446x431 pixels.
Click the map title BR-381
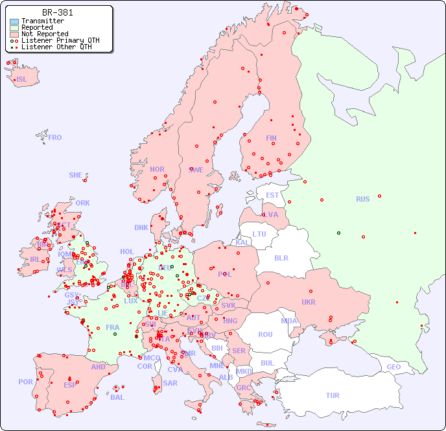tap(57, 12)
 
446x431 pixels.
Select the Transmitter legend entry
tap(42, 21)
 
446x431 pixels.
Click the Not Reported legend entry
tap(44, 34)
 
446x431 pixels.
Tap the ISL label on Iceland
tap(22, 80)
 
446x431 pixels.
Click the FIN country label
tap(271, 138)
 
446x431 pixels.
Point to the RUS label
tap(362, 199)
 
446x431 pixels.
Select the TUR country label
tap(333, 395)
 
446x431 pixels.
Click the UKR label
tap(309, 302)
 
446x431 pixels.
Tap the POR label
tap(25, 382)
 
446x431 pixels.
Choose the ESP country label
tap(70, 384)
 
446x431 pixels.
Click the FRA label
tap(113, 327)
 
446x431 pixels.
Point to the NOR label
tap(157, 169)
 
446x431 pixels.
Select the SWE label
tap(196, 170)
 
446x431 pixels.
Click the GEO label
tap(393, 367)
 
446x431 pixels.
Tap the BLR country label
tap(281, 257)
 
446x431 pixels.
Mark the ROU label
tap(265, 334)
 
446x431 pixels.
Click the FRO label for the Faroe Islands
tap(55, 137)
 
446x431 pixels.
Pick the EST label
tap(272, 195)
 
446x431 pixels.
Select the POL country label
tap(225, 274)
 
